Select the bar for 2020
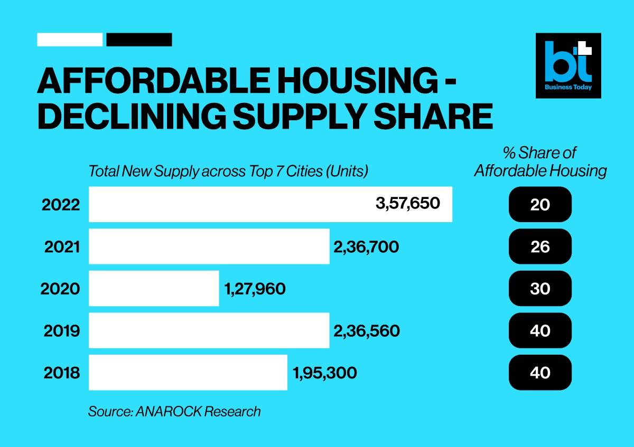pos(154,288)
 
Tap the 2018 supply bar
pos(188,373)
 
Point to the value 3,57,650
pos(408,203)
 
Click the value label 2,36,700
pos(366,246)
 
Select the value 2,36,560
pos(367,331)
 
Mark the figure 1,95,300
pos(324,373)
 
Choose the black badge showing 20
pos(540,204)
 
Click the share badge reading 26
pos(540,246)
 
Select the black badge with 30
pos(540,289)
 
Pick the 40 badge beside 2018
pos(540,373)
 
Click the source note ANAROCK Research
pos(174,411)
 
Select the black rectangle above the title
pos(139,40)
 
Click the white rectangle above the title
pos(70,40)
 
